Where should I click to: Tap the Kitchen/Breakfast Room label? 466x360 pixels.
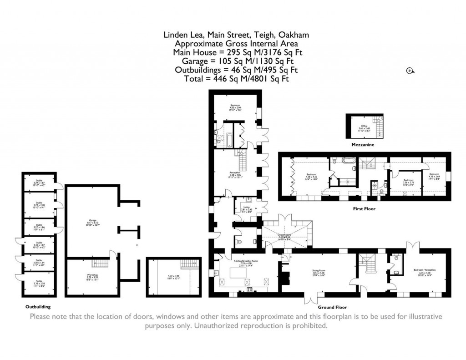point(242,263)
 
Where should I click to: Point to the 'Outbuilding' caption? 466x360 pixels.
point(35,307)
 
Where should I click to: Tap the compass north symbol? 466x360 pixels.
point(409,71)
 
